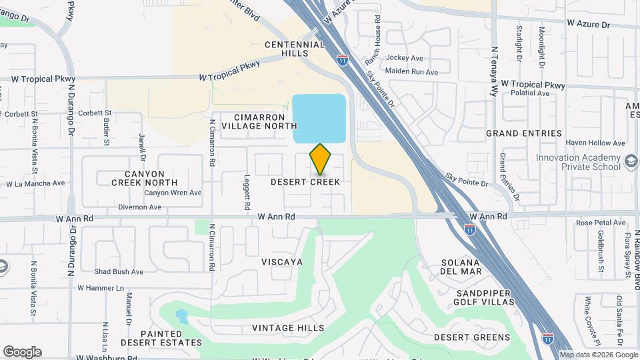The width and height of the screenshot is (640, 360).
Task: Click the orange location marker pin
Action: [320, 159]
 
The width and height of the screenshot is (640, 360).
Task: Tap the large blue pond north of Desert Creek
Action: [319, 118]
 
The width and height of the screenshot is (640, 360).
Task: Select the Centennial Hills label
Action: [295, 49]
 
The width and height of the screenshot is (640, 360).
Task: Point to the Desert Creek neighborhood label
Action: [305, 182]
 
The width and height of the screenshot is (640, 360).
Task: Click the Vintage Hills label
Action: [288, 328]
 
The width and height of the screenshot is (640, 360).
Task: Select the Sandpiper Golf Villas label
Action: [485, 298]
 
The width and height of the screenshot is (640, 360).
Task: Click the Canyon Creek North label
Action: [144, 177]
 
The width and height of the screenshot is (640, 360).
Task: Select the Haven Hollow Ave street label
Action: [595, 143]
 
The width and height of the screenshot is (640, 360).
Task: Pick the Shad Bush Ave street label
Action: [119, 272]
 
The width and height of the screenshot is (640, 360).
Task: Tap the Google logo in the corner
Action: [22, 352]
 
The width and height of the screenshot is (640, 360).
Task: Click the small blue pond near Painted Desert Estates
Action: [181, 315]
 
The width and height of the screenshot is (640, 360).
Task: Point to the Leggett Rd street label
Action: [247, 185]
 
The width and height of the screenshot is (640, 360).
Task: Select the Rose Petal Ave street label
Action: [601, 223]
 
